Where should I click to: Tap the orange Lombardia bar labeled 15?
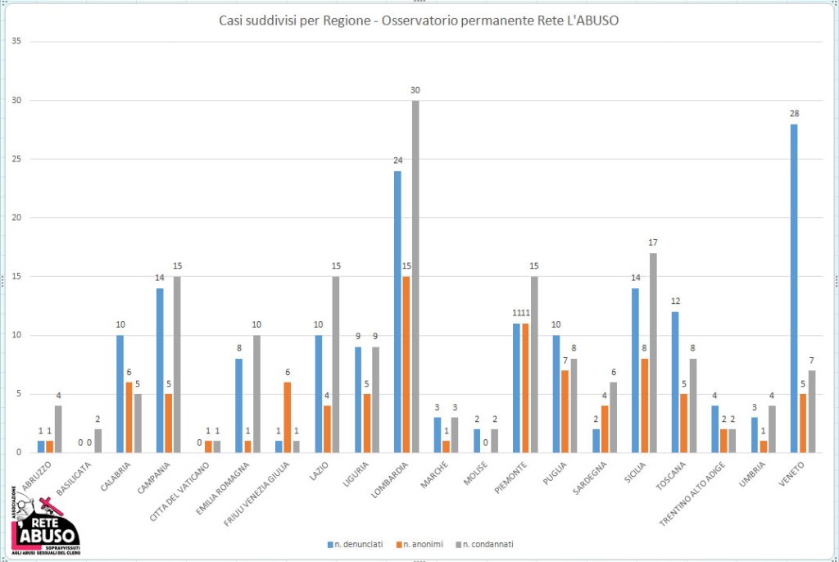click(x=406, y=365)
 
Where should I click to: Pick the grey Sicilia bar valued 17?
click(x=653, y=353)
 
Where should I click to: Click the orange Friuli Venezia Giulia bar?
click(x=288, y=417)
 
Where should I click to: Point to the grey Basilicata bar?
click(x=98, y=441)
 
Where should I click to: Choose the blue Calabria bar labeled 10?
click(x=120, y=394)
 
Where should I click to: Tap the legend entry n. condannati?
click(x=488, y=543)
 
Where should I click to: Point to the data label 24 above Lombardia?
click(x=397, y=161)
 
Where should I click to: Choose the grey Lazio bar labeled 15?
click(x=335, y=365)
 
